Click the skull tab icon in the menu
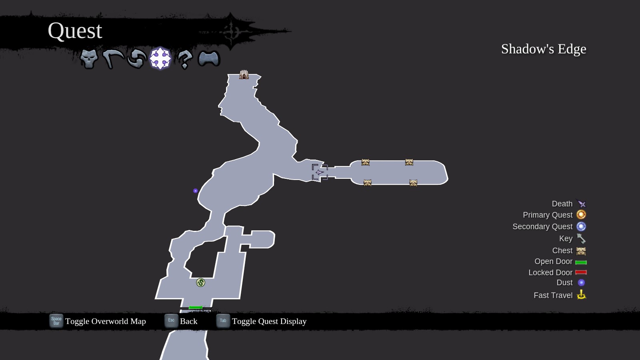89,59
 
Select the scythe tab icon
113,59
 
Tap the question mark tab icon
184,59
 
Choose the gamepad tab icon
209,59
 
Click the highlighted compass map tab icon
160,58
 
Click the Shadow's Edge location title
543,49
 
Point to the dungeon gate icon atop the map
244,74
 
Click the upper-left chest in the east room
365,162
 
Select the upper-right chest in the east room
409,162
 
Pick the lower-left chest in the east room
367,183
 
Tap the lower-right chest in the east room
413,183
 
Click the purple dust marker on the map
195,191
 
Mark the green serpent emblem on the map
200,282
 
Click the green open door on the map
195,307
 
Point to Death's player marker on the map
320,172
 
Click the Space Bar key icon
56,321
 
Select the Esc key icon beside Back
171,320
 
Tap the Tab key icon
223,320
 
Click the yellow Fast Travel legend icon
581,295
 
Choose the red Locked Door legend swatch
581,272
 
